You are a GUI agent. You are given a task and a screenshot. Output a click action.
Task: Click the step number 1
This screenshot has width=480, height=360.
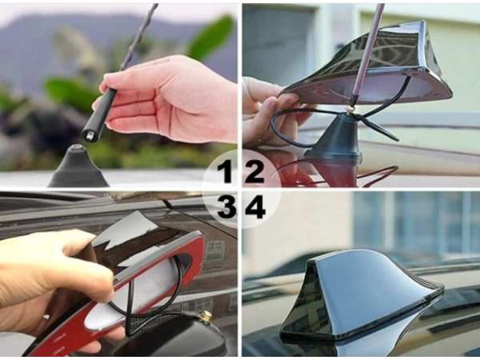(225, 171)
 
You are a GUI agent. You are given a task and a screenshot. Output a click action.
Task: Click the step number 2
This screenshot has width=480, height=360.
(254, 171)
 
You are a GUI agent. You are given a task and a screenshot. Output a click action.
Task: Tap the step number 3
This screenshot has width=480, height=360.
(226, 206)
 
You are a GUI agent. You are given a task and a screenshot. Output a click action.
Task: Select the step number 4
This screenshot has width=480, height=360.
(254, 206)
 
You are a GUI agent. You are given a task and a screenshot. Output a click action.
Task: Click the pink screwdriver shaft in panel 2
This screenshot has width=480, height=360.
(369, 52)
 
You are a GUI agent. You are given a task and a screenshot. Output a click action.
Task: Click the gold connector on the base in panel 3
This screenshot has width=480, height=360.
(206, 317)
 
